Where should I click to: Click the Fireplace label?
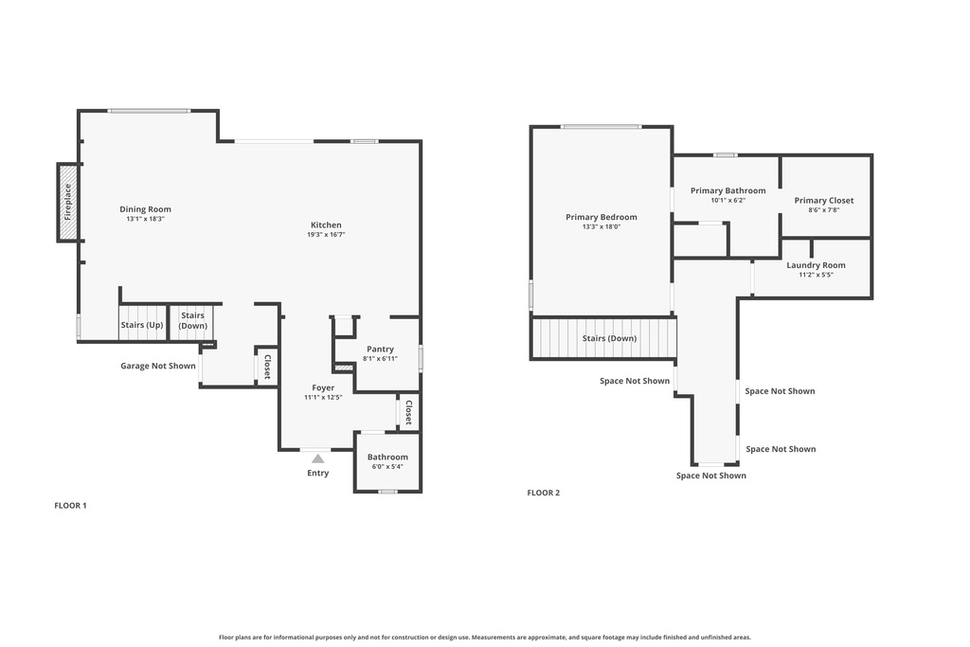pyautogui.click(x=68, y=203)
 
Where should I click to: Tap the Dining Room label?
pyautogui.click(x=145, y=209)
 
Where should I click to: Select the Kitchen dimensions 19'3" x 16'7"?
pyautogui.click(x=326, y=235)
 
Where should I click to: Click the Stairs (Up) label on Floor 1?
pyautogui.click(x=142, y=325)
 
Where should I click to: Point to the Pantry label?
pyautogui.click(x=380, y=349)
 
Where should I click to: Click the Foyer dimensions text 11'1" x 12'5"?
pyautogui.click(x=323, y=398)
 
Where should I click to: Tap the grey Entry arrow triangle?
pyautogui.click(x=318, y=458)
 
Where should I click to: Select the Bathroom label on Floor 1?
pyautogui.click(x=387, y=458)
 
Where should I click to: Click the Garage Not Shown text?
pyautogui.click(x=158, y=366)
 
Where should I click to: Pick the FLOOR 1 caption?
pyautogui.click(x=70, y=505)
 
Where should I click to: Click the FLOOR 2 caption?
pyautogui.click(x=543, y=493)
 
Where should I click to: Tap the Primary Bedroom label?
pyautogui.click(x=602, y=217)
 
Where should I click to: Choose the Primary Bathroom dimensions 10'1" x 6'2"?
pyautogui.click(x=728, y=201)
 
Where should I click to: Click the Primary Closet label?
pyautogui.click(x=824, y=201)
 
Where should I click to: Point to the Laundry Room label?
pyautogui.click(x=816, y=265)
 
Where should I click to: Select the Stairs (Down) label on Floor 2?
pyautogui.click(x=609, y=338)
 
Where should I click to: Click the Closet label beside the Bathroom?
pyautogui.click(x=409, y=413)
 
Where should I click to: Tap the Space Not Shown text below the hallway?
pyautogui.click(x=711, y=476)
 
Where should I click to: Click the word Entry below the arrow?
pyautogui.click(x=318, y=474)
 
